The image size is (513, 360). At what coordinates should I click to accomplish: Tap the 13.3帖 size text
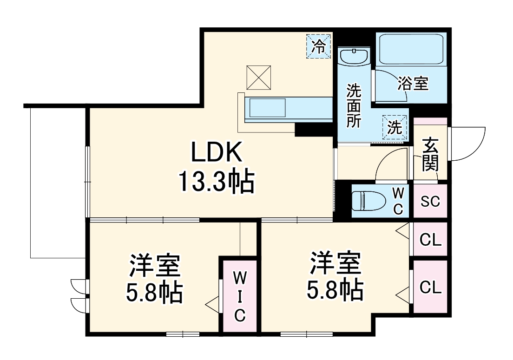[216, 182]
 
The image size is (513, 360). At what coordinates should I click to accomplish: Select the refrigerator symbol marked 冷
[318, 46]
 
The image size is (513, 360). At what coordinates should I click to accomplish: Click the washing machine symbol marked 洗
[395, 127]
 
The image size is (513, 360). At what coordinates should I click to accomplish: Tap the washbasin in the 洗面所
[354, 58]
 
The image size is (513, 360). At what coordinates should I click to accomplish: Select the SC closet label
[430, 202]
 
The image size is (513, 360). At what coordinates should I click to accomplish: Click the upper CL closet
[430, 240]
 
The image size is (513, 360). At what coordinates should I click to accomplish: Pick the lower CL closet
[430, 287]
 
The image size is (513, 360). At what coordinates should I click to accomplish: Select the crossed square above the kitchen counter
[259, 77]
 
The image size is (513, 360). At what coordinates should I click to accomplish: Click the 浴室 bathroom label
[413, 84]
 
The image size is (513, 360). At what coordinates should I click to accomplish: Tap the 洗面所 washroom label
[354, 106]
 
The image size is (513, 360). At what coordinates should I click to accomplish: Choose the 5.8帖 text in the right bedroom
[335, 289]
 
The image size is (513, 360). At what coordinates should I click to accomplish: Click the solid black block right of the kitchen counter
[314, 130]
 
